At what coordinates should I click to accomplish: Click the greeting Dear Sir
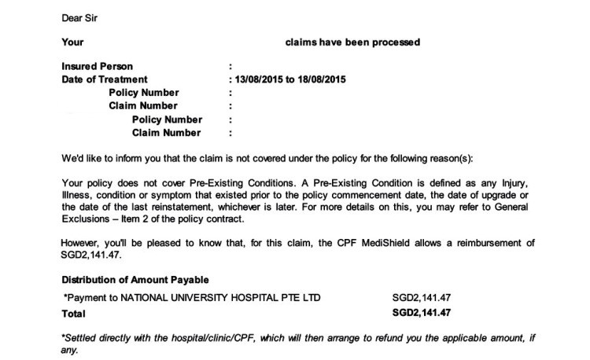tap(79, 15)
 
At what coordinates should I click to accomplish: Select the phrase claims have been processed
tap(352, 42)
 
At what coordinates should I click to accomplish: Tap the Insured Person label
tap(97, 67)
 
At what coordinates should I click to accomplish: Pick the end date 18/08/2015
tap(322, 79)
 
